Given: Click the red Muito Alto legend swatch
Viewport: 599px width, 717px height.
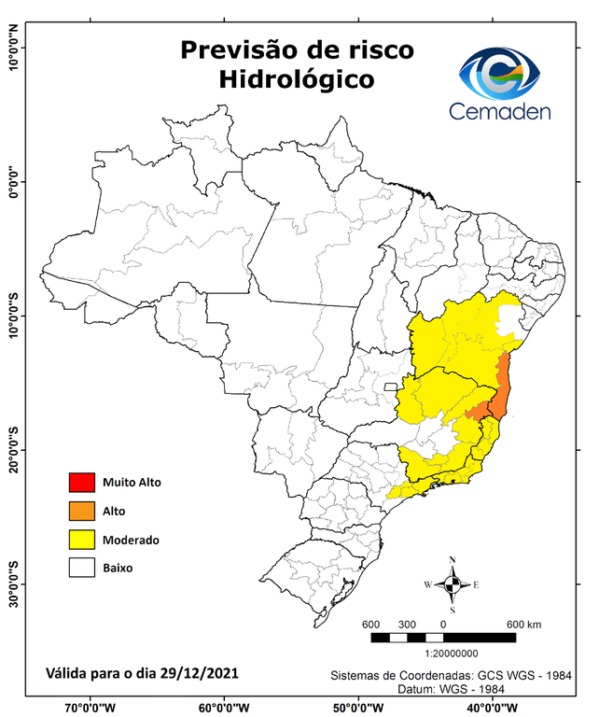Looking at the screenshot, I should pos(81,483).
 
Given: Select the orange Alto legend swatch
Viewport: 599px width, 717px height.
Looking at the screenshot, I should pos(81,511).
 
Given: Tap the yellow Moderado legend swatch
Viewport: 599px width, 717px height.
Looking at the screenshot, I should pos(81,539).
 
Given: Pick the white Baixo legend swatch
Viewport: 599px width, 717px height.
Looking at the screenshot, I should pos(81,567).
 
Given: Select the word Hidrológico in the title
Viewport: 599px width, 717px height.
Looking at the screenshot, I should pos(297,79).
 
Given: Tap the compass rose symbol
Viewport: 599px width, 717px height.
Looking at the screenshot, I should pos(452,585).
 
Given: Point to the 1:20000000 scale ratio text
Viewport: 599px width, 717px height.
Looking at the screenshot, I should pos(452,654).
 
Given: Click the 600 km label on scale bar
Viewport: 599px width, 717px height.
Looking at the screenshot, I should pos(524,625).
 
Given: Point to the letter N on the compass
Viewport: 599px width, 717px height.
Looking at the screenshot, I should pos(453,561).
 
